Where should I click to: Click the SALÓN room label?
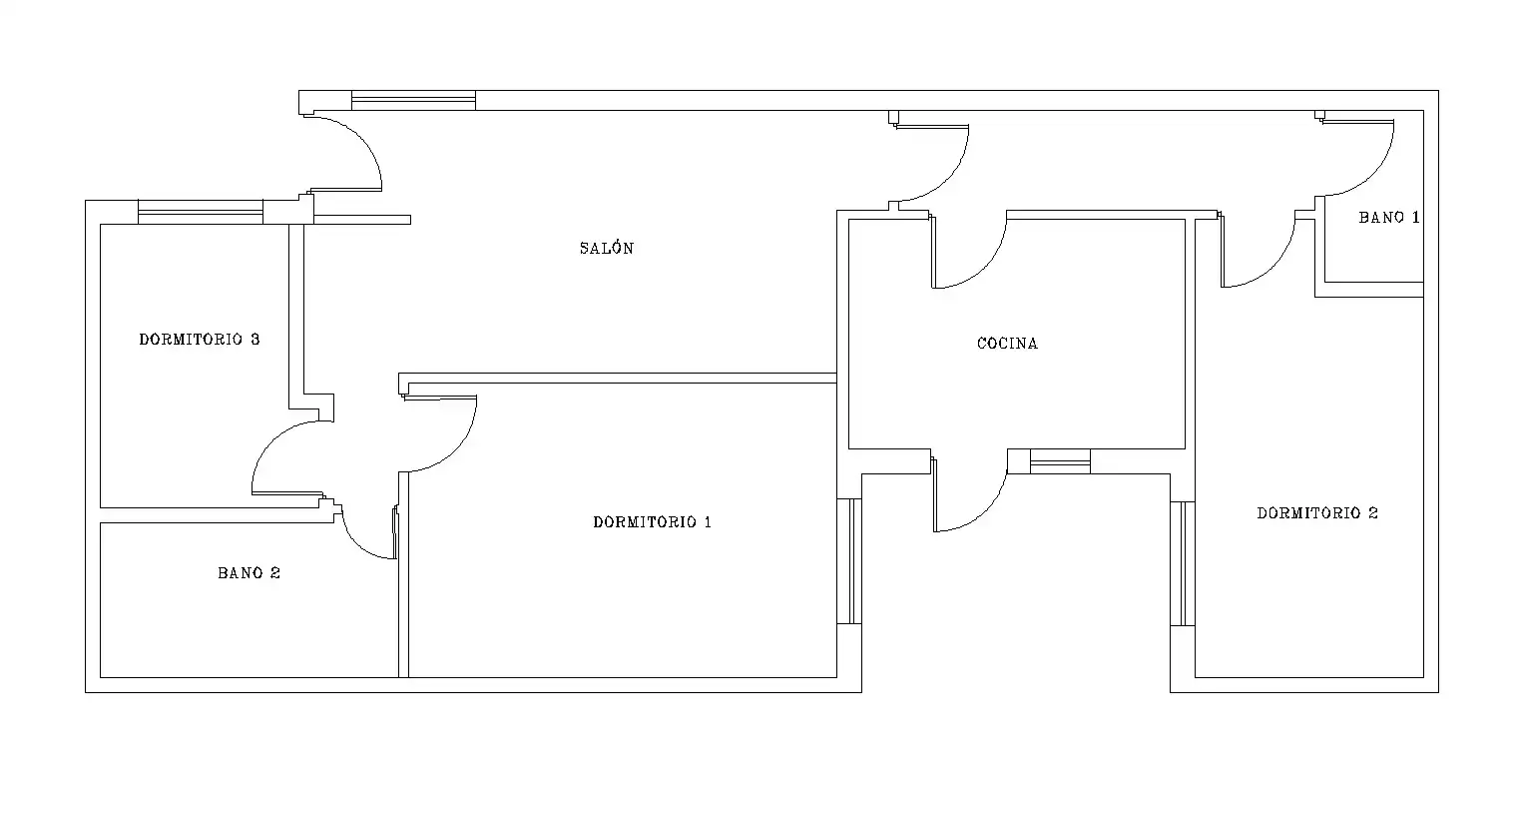point(607,248)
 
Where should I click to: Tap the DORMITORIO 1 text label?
point(652,521)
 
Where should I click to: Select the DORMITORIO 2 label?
point(1317,512)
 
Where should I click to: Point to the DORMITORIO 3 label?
point(200,339)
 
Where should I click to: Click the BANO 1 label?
point(1389,217)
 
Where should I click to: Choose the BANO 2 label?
point(249,573)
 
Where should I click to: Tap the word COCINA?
point(1007,344)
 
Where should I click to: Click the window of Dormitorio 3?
point(201,212)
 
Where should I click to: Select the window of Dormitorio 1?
point(849,561)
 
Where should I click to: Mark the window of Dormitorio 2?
point(1183,563)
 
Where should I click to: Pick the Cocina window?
point(1061,461)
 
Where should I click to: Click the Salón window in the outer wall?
point(413,100)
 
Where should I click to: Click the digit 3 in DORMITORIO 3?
point(254,339)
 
